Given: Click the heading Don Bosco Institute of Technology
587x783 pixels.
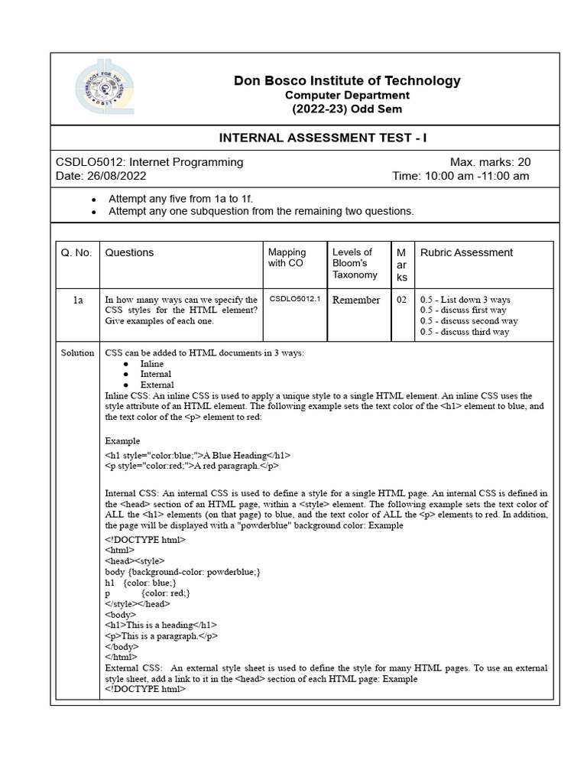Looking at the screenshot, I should (347, 80).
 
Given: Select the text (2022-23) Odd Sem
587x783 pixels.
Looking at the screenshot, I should (347, 109).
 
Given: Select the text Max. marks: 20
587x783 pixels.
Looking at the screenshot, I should (490, 162).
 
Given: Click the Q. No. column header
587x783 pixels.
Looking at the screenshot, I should (75, 253).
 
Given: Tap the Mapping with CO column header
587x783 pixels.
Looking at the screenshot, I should (287, 258).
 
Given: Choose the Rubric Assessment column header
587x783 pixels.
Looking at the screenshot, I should (467, 253).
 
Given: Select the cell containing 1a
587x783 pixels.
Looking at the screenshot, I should (77, 301).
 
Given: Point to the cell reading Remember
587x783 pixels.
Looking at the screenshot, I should (355, 301).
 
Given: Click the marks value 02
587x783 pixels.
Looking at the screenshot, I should (401, 301).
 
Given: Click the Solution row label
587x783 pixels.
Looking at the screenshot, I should (77, 353).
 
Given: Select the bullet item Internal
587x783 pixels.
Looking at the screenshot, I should (156, 375).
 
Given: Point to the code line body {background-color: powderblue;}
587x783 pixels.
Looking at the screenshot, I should (183, 572).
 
